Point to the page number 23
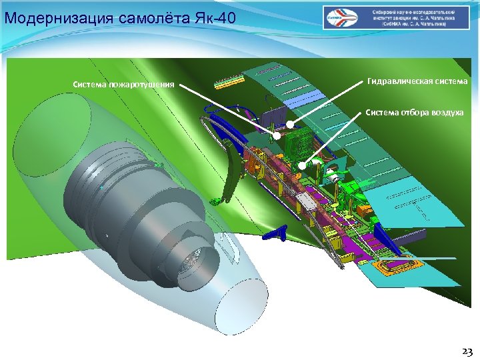(466, 351)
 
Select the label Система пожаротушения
(124, 85)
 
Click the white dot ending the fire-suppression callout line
(276, 136)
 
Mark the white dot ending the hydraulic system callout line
(291, 123)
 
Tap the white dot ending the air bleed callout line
(302, 165)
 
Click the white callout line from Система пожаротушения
(227, 109)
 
